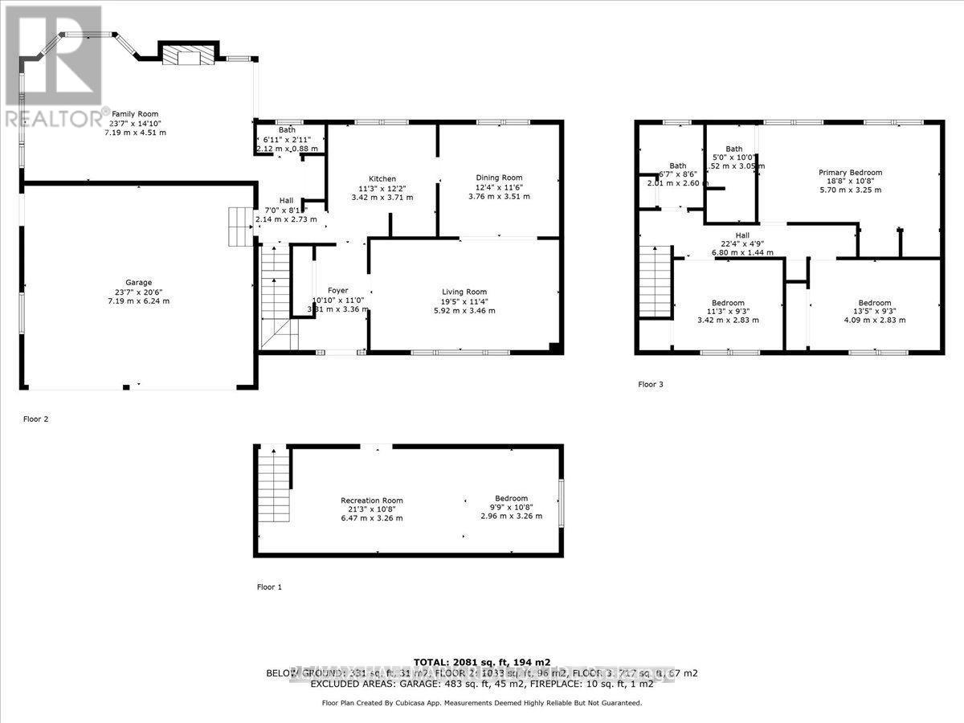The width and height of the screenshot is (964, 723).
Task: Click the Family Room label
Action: click(x=134, y=114)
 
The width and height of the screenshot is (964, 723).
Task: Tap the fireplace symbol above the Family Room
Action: click(x=188, y=55)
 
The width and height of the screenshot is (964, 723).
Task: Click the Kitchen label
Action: click(x=383, y=178)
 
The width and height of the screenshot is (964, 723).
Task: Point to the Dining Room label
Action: click(x=500, y=178)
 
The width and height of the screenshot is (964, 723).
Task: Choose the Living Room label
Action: click(x=464, y=292)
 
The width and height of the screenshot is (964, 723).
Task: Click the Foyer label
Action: click(x=338, y=290)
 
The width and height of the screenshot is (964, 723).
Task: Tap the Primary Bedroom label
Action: click(x=850, y=172)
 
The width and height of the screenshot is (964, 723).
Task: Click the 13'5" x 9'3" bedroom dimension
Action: click(x=874, y=311)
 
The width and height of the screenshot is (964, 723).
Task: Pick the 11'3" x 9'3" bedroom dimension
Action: click(x=727, y=311)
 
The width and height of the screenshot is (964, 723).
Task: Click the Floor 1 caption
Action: click(x=269, y=587)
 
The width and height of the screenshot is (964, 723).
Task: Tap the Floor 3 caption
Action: click(x=651, y=385)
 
